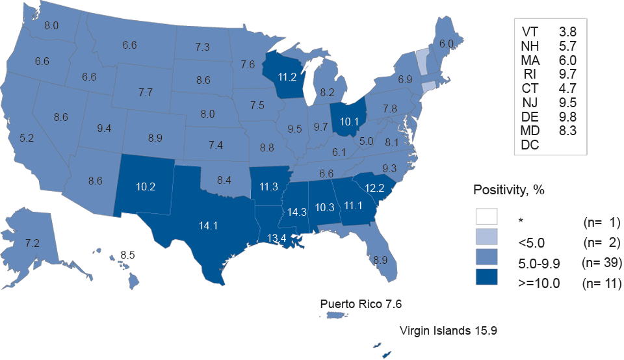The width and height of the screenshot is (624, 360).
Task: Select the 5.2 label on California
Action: (x=27, y=138)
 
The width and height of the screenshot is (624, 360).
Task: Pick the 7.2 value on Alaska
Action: (x=32, y=243)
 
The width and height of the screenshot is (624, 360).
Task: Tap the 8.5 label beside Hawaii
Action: (x=130, y=255)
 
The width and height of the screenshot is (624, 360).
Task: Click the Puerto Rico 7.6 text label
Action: (x=365, y=303)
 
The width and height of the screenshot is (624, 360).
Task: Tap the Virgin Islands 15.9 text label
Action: (x=448, y=331)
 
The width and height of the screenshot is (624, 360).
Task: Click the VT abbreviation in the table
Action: (x=529, y=31)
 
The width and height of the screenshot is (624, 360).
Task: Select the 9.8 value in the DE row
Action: (x=567, y=116)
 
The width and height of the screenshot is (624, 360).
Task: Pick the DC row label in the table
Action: (x=530, y=145)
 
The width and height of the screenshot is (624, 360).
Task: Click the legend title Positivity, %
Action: (x=508, y=190)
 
